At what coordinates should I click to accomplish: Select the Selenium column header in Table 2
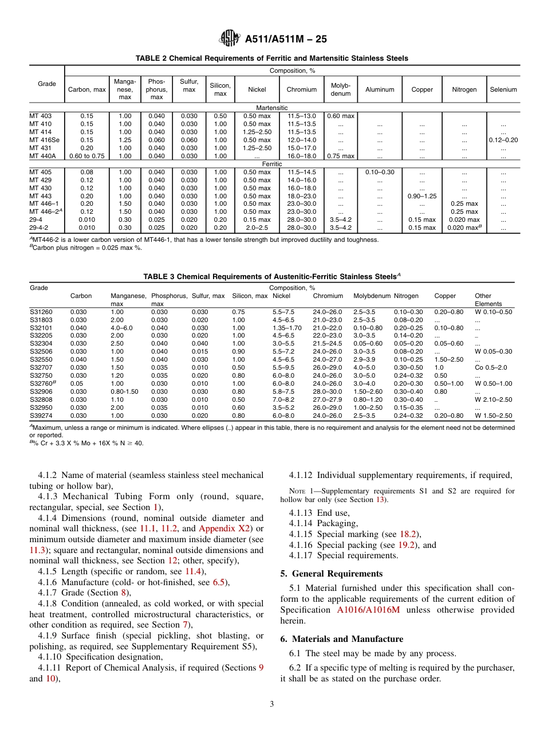[x=503, y=89]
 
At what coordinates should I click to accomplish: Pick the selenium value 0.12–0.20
[x=503, y=140]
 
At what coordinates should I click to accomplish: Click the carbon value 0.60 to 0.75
[x=87, y=156]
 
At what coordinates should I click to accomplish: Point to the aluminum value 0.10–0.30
[x=380, y=172]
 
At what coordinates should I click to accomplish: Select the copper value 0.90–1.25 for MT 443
[x=421, y=196]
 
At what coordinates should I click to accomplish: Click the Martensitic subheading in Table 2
[x=272, y=108]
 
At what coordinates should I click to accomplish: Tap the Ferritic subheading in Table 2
[x=272, y=164]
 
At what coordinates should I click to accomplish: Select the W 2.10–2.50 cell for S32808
[x=493, y=399]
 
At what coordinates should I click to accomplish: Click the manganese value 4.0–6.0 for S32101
[x=122, y=328]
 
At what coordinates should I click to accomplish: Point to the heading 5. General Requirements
[x=331, y=574]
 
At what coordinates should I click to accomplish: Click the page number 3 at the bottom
[x=272, y=704]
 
